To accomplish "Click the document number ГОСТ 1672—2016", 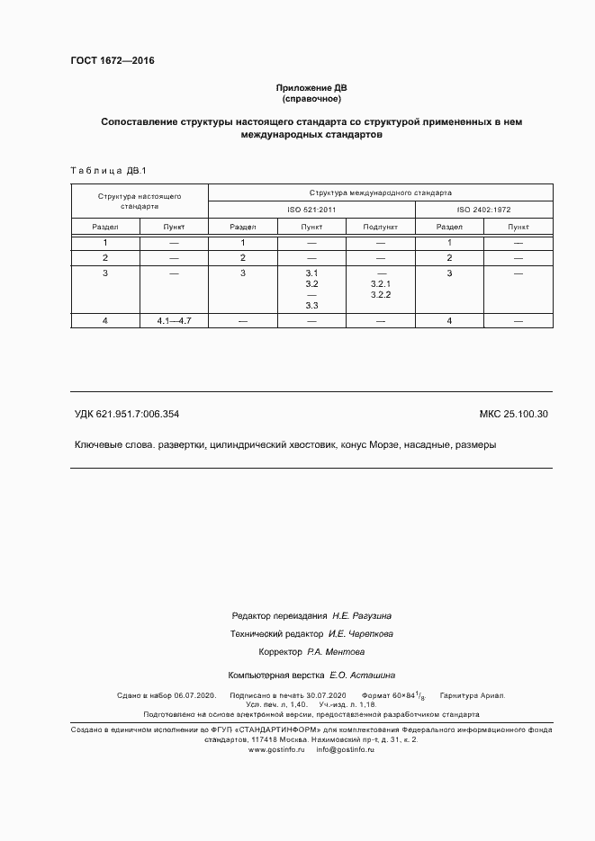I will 112,61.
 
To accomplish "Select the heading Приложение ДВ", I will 311,88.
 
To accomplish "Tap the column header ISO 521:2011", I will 311,210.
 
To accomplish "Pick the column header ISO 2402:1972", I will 483,210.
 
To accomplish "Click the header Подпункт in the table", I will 380,227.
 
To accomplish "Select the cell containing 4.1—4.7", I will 174,321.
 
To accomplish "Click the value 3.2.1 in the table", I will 380,283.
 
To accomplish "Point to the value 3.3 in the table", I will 312,306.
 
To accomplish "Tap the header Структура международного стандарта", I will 380,192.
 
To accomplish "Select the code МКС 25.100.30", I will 514,414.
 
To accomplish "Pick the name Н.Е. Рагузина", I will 362,616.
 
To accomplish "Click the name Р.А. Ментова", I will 335,652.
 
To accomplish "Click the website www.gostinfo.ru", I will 276,749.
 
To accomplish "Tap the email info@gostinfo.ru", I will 345,749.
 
